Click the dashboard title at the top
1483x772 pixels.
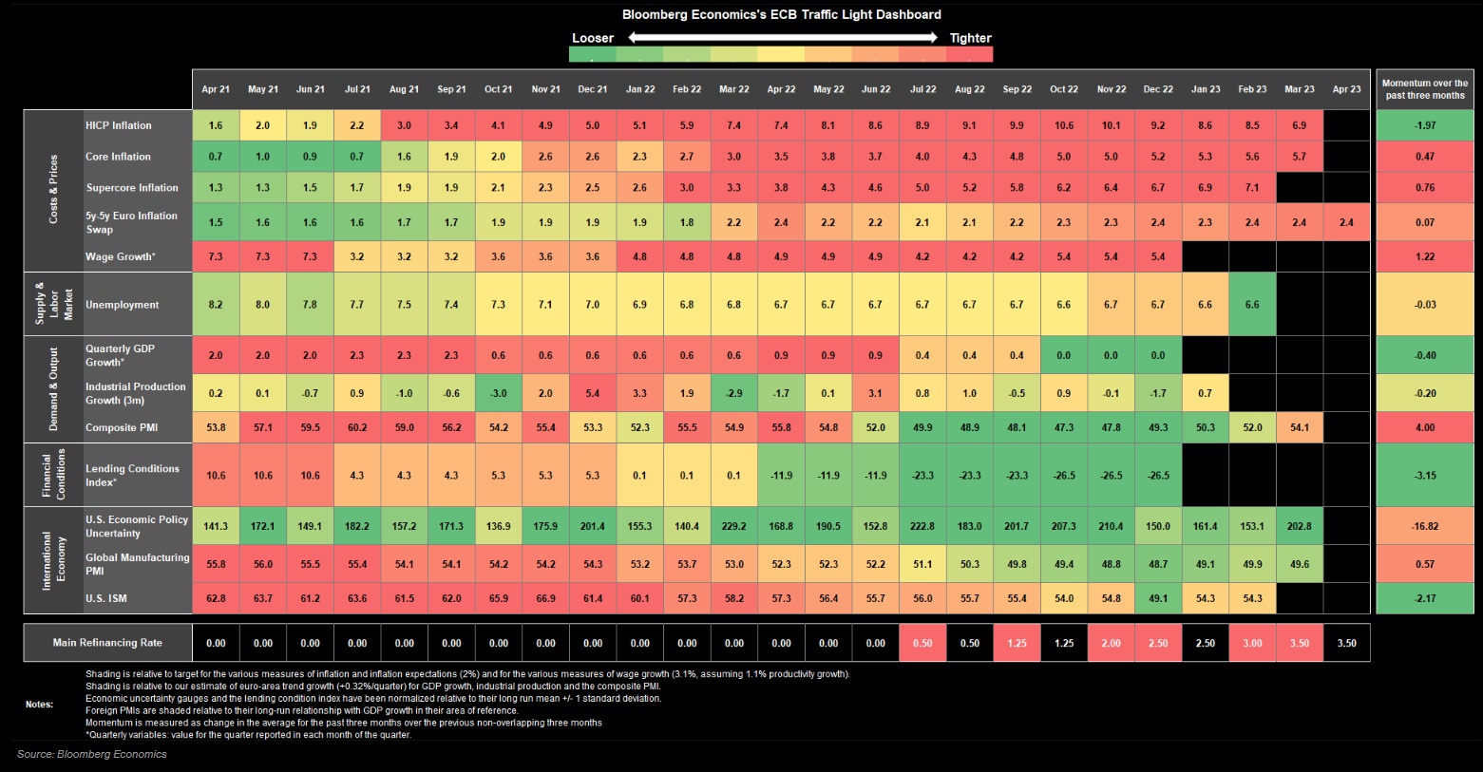coord(781,14)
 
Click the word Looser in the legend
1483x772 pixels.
coord(593,38)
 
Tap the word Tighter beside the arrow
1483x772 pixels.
coord(971,38)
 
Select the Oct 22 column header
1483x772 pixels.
coord(1064,89)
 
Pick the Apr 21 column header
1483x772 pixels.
coord(216,89)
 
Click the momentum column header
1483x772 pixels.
coord(1425,89)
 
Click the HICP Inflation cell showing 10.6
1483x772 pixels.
coord(1064,125)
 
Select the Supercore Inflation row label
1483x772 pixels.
coord(132,188)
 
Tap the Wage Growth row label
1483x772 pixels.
coord(121,256)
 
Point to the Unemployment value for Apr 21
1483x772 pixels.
coord(216,305)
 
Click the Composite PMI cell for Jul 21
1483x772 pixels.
coord(357,428)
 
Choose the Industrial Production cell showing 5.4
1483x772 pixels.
coord(593,394)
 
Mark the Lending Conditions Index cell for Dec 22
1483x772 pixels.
coord(1158,476)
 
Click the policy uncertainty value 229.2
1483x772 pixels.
coord(734,527)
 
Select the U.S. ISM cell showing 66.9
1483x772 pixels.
coord(545,598)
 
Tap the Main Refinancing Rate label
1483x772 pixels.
coord(107,643)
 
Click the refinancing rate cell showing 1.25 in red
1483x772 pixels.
coord(1017,643)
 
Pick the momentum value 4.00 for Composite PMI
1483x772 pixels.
coord(1425,428)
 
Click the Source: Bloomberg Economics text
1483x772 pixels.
coord(92,754)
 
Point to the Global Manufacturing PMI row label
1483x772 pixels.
coord(137,564)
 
